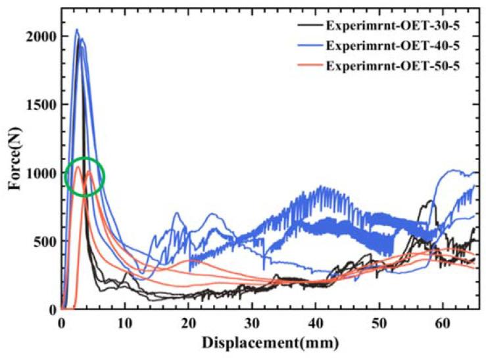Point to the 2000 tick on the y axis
coord(40,36)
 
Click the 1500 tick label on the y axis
coord(40,105)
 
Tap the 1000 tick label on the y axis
coord(40,173)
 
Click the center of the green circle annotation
coord(84,176)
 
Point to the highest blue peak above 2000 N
coord(76,30)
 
